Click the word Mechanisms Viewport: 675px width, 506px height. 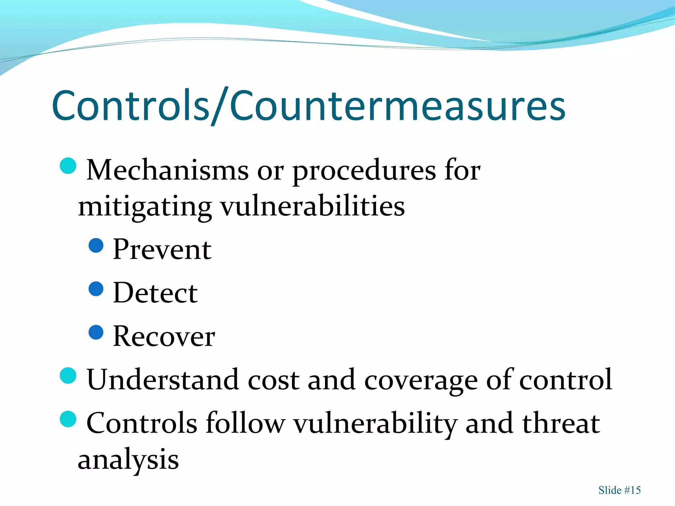167,170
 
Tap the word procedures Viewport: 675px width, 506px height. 364,171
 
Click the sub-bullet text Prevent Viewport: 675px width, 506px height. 162,250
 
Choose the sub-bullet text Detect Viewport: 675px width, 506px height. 155,293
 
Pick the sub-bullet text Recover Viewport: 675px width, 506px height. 164,336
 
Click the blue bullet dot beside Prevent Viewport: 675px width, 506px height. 96,245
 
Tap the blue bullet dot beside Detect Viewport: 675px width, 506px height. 96,289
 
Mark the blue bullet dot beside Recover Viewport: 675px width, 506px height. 96,332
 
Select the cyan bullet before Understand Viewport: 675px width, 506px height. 68,376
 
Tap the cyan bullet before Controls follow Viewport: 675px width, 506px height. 68,419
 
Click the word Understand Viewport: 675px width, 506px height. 162,380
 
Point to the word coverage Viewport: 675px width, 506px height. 421,380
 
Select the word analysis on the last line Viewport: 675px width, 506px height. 128,460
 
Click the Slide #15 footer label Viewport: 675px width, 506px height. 619,490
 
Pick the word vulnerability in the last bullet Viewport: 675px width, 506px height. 375,424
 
